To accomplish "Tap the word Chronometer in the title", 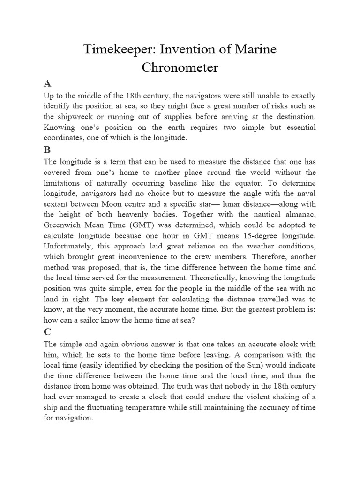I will [180, 67].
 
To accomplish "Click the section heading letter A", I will [47, 84].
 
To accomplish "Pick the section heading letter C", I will [47, 332].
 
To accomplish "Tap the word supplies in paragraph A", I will [198, 116].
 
